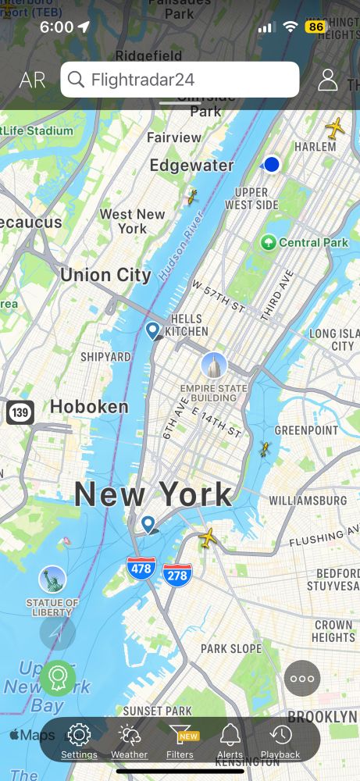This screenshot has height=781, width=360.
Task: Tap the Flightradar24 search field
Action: click(x=180, y=80)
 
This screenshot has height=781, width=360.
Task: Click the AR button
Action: click(x=32, y=80)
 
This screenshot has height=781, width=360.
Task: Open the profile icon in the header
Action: click(x=328, y=80)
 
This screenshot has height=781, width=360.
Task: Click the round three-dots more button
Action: click(x=302, y=678)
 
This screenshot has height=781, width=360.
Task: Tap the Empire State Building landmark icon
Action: click(x=213, y=365)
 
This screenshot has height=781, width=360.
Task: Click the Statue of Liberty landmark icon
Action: click(x=52, y=580)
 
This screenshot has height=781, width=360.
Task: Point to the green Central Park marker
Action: click(x=269, y=242)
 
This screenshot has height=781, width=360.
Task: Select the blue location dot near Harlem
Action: click(x=272, y=164)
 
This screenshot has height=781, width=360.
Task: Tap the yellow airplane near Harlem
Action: click(x=335, y=128)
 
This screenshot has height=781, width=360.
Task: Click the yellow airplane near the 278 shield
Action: click(x=208, y=537)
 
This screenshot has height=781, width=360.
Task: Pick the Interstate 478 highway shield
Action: click(x=141, y=568)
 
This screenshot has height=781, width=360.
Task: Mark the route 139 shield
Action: click(x=20, y=412)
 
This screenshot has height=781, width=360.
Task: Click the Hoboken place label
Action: click(x=89, y=406)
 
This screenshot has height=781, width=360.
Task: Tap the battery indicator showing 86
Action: click(x=315, y=27)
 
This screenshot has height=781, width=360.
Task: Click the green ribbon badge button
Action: click(x=58, y=677)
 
